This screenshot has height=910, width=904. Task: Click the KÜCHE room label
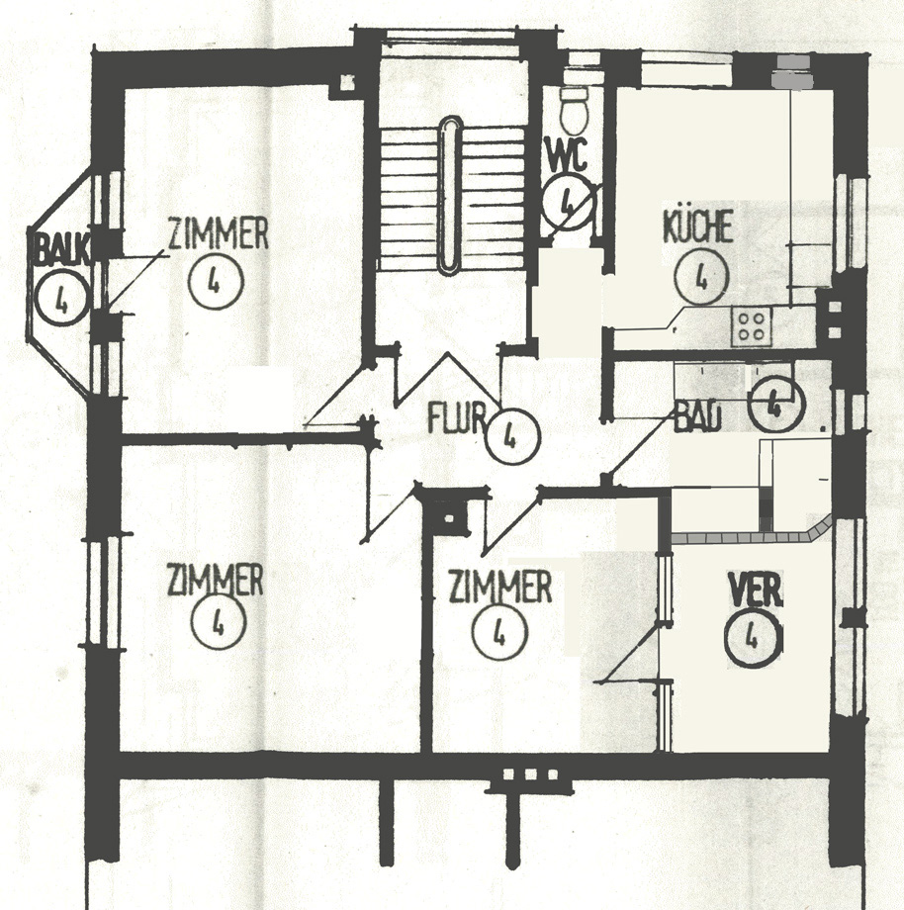point(697,227)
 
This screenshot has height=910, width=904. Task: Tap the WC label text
point(567,155)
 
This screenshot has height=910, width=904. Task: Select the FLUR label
point(457,417)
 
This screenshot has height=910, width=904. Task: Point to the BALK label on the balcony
point(62,249)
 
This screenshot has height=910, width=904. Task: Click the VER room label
point(756,590)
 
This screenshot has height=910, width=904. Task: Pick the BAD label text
point(697,416)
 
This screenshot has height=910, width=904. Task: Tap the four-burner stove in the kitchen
point(752,326)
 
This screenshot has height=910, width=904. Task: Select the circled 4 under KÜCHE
point(701,277)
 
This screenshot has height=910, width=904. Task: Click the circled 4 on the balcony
point(61,299)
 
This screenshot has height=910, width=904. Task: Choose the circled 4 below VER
point(753,638)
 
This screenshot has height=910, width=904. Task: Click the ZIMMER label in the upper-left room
point(219,233)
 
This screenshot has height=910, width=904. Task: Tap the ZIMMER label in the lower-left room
point(216,580)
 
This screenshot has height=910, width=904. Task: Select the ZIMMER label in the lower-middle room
point(500,587)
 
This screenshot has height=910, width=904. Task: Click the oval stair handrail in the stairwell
point(450,195)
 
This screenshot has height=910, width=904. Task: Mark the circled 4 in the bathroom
point(775,406)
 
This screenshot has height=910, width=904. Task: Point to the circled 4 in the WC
point(568,202)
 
